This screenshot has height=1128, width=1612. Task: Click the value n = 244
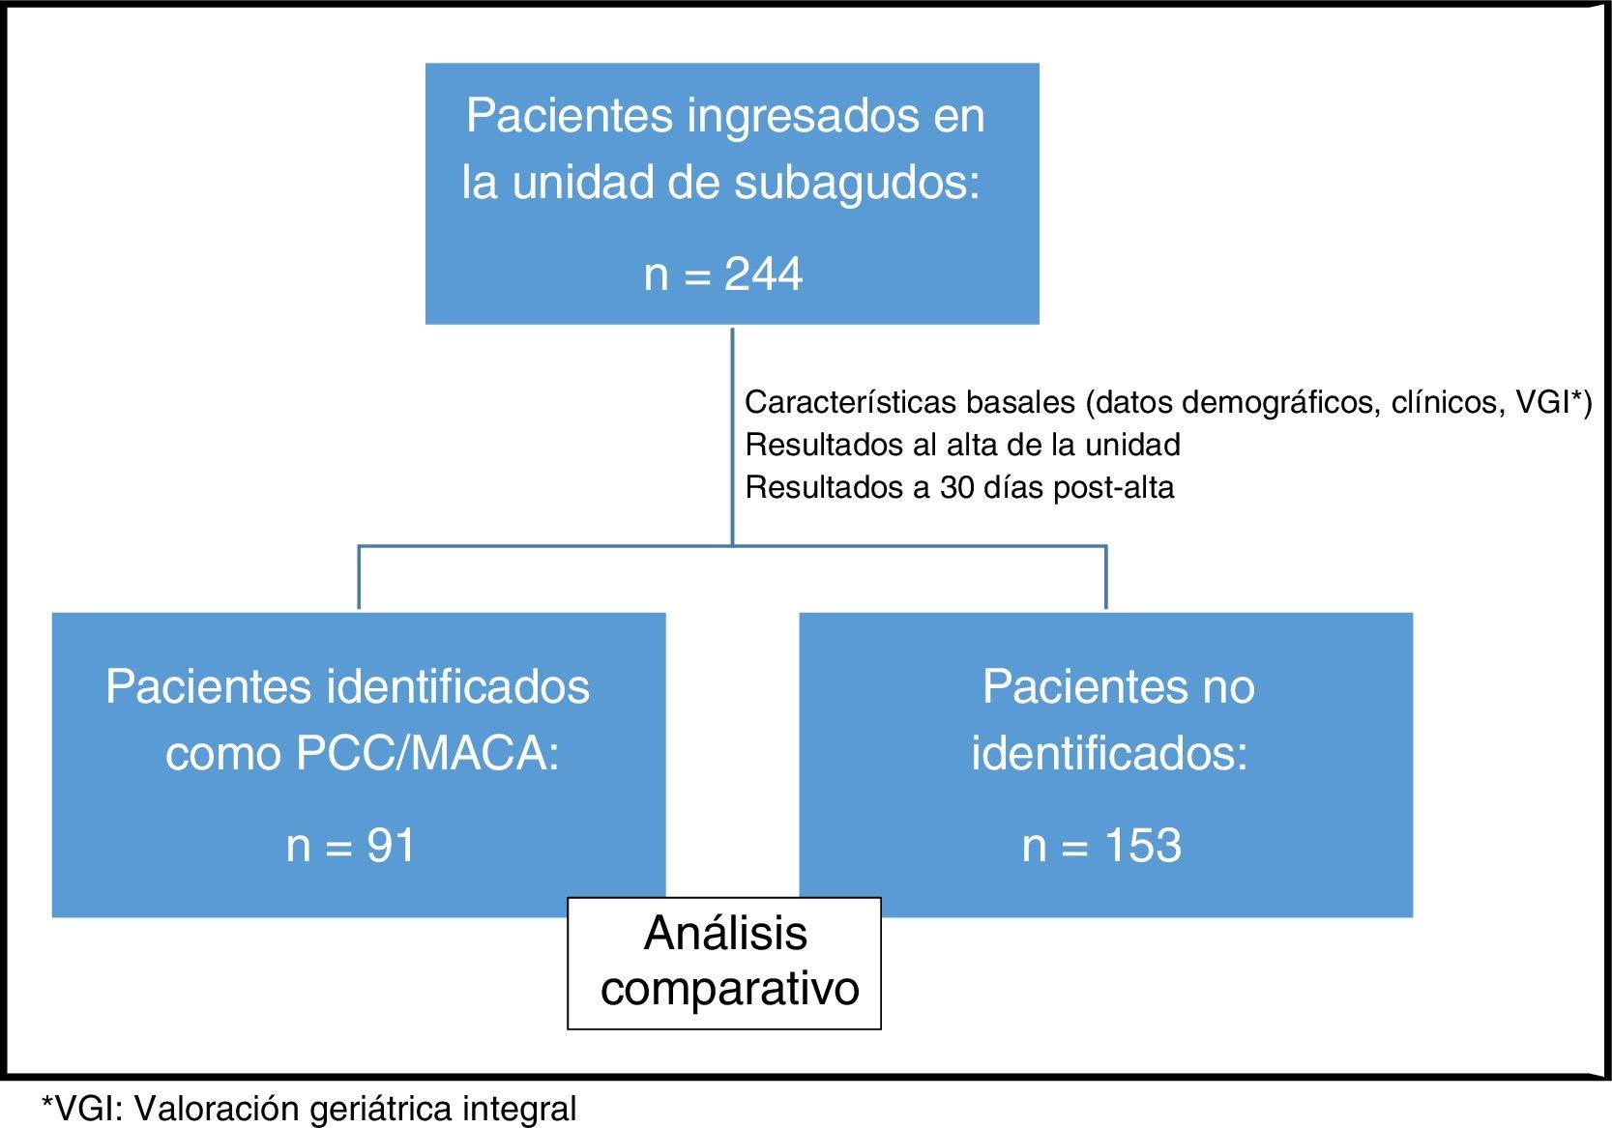coord(723,275)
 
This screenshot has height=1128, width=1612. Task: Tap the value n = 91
coord(351,846)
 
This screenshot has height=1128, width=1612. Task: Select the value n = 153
coord(1101,846)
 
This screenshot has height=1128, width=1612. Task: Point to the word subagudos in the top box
coord(857,183)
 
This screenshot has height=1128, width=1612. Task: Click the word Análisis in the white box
coord(725,934)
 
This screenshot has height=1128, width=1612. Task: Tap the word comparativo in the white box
coord(730,989)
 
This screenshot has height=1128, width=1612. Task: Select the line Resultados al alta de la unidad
coord(962,445)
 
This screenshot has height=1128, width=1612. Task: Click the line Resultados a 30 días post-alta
coord(959,487)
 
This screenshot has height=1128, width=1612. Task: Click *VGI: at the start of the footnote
coord(82,1109)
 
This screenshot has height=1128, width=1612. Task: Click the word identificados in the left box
coord(458,688)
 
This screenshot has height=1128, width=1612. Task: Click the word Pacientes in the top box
coord(569,117)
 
